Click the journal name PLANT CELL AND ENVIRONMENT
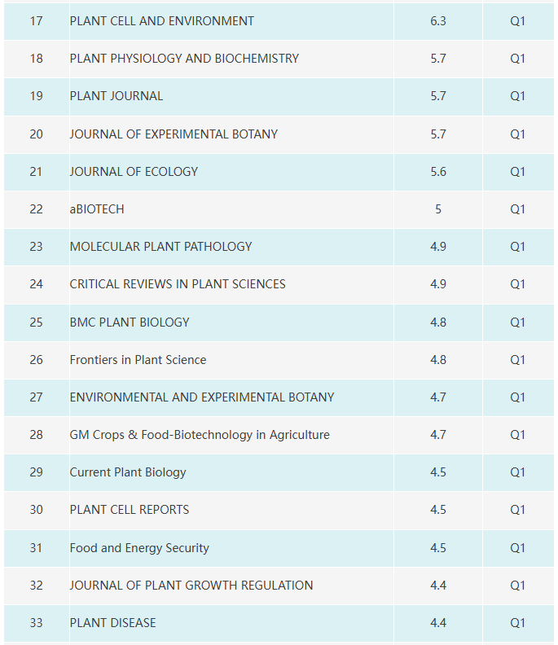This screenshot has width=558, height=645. click(162, 21)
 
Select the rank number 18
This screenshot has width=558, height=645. click(36, 59)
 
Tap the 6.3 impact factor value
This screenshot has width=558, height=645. click(437, 21)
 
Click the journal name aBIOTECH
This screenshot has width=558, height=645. click(97, 209)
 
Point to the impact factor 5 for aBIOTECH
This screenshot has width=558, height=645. click(437, 209)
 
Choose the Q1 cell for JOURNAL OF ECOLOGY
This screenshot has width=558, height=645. click(517, 172)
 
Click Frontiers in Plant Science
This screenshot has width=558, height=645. click(138, 359)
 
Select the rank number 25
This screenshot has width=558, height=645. click(36, 322)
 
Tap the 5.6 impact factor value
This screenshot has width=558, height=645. click(437, 172)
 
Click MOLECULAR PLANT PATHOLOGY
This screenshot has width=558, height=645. click(161, 247)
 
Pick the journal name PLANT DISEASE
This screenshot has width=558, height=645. click(112, 623)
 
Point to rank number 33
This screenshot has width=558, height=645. click(36, 623)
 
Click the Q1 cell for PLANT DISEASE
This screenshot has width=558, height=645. click(517, 623)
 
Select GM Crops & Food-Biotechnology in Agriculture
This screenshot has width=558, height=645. click(200, 435)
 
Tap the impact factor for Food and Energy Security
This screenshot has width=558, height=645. click(437, 548)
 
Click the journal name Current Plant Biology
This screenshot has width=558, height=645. click(128, 472)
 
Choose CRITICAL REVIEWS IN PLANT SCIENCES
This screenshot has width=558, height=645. click(178, 284)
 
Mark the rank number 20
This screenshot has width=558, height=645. click(36, 134)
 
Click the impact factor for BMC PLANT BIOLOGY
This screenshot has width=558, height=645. click(437, 322)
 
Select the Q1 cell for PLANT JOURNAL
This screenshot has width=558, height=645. click(517, 96)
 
